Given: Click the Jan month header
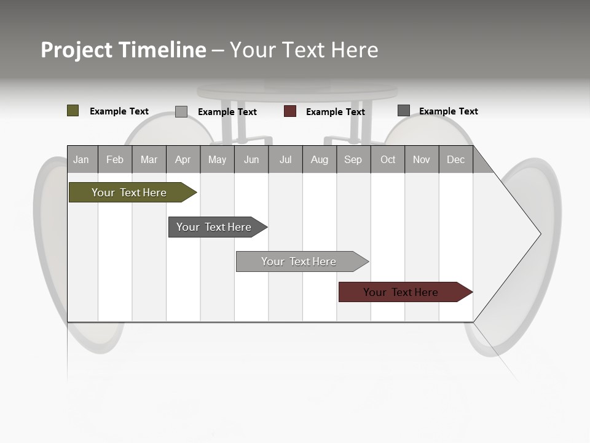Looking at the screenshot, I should [81, 159].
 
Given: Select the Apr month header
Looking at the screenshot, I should [183, 159].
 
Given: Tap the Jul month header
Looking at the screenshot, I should [285, 159].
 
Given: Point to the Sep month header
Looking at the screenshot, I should [353, 159].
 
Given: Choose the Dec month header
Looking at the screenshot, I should [455, 159].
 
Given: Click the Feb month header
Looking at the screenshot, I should [115, 159].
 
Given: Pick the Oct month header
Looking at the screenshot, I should [388, 159].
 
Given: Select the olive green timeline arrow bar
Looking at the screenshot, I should [129, 193].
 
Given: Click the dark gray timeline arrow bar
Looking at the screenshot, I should [214, 227].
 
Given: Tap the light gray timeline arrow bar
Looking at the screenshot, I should [299, 261].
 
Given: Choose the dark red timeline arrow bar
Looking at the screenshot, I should [401, 292].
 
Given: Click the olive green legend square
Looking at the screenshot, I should [73, 111].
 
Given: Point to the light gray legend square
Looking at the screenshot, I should [181, 111].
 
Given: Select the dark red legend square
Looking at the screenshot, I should [290, 111].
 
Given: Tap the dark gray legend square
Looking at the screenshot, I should [404, 111].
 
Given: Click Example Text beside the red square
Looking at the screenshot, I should [335, 111].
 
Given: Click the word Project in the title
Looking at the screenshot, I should [77, 50].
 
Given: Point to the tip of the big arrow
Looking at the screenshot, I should [540, 234].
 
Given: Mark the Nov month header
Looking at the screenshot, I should [422, 159].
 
